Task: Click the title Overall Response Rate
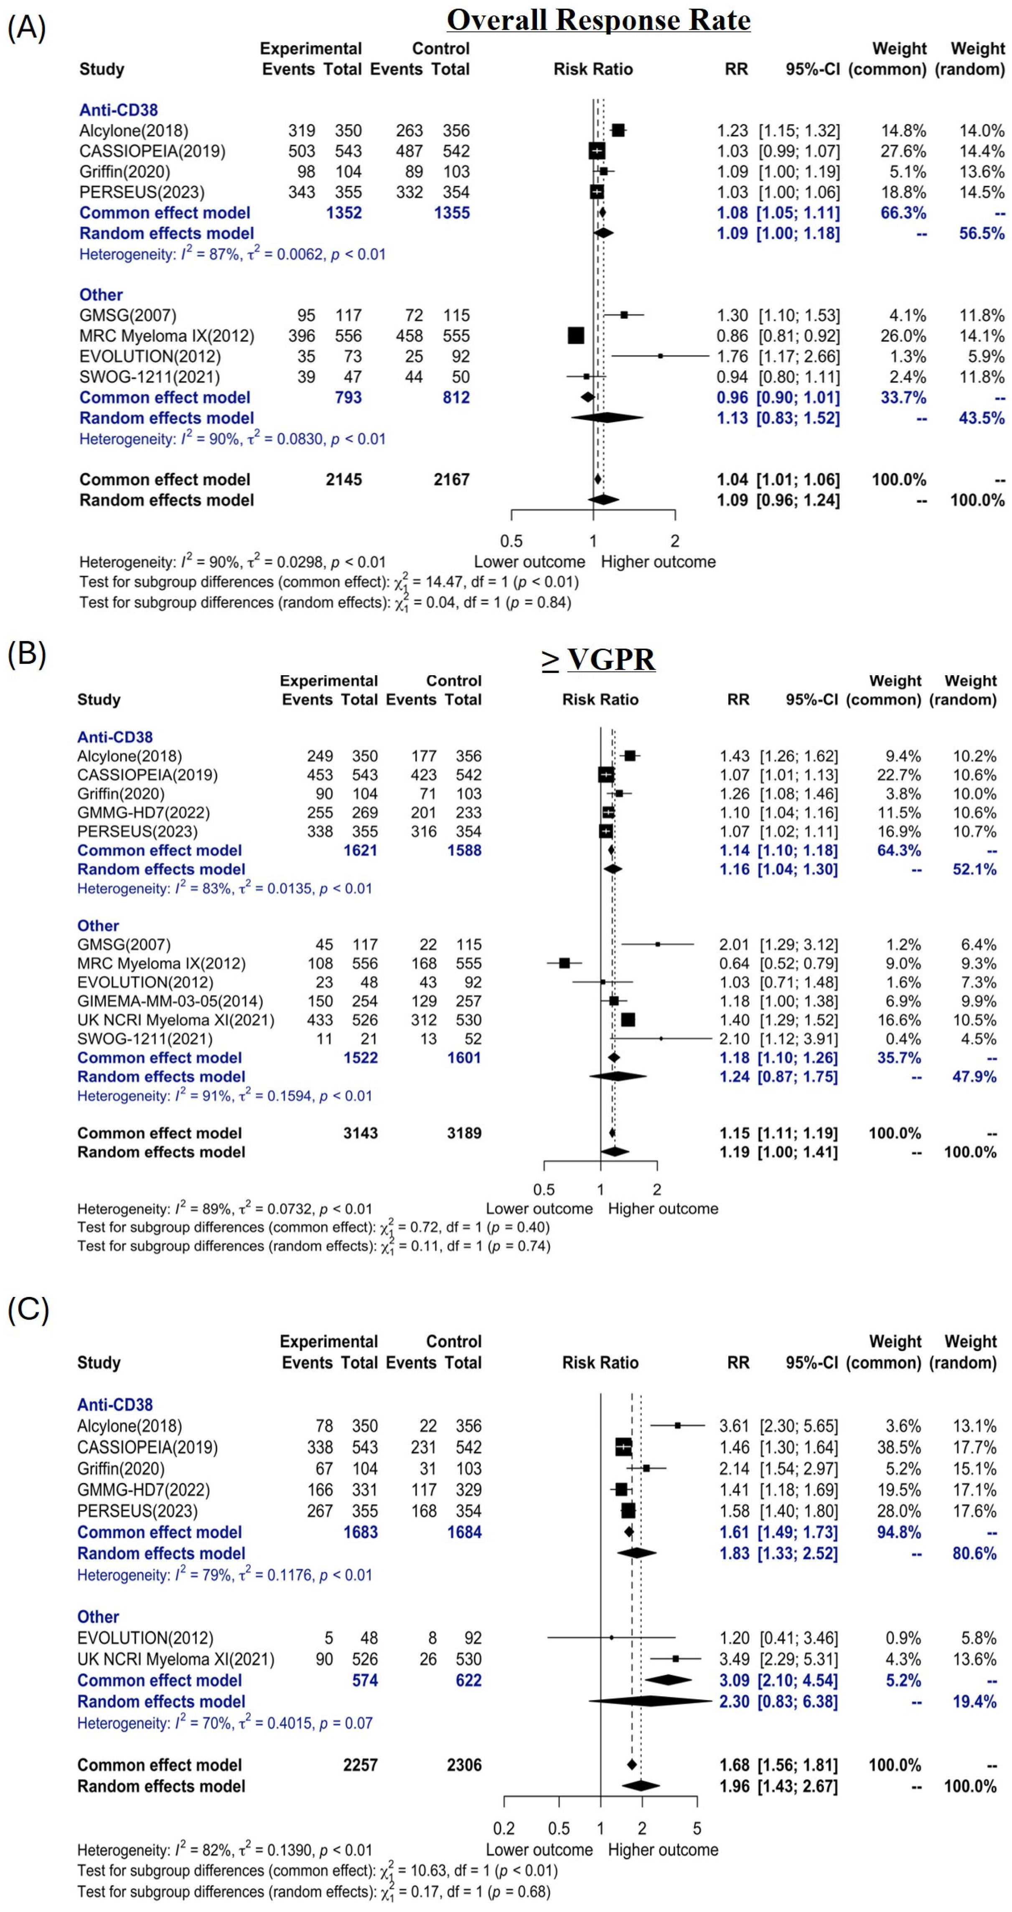tap(598, 20)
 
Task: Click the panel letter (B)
tap(27, 653)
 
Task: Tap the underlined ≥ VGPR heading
tap(598, 659)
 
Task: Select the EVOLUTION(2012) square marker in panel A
tap(660, 356)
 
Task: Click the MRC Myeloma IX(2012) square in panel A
tap(576, 335)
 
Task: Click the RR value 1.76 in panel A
tap(732, 356)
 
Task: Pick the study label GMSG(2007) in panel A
tap(127, 315)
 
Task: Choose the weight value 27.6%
tap(903, 151)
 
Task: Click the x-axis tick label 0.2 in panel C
tap(504, 1828)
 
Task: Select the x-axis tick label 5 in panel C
tap(697, 1828)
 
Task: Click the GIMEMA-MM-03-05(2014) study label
tap(170, 1001)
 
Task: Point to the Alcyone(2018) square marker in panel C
tap(677, 1425)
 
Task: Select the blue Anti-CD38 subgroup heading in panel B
tap(115, 737)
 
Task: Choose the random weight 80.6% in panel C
tap(974, 1554)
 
